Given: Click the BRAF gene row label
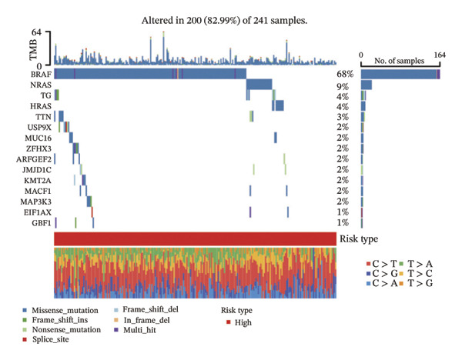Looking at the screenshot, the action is point(41,74).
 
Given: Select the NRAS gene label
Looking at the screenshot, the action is point(41,85).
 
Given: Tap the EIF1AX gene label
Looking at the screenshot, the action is point(38,212).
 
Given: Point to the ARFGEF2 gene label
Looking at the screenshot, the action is point(34,159).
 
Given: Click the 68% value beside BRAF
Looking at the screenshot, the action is point(345,74).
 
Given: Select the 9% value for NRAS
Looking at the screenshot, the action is point(343,87).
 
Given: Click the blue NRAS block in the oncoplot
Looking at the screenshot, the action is point(259,85).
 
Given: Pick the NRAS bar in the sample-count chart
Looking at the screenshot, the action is point(367,85).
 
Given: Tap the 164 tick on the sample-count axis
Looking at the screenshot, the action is point(440,55).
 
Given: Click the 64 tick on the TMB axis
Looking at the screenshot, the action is point(36,32).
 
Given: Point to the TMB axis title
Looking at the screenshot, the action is point(33,50).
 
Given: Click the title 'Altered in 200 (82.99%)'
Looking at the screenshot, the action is point(190,21).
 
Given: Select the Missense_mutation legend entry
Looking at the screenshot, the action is point(61,310).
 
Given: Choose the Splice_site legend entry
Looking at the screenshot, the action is point(46,339).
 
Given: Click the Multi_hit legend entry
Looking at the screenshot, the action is point(135,330).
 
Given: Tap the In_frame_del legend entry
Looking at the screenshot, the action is point(142,320).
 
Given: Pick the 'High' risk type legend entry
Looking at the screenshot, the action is point(239,322).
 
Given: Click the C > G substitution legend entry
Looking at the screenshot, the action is point(382,273).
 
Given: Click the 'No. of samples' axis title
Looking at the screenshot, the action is point(399,61).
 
